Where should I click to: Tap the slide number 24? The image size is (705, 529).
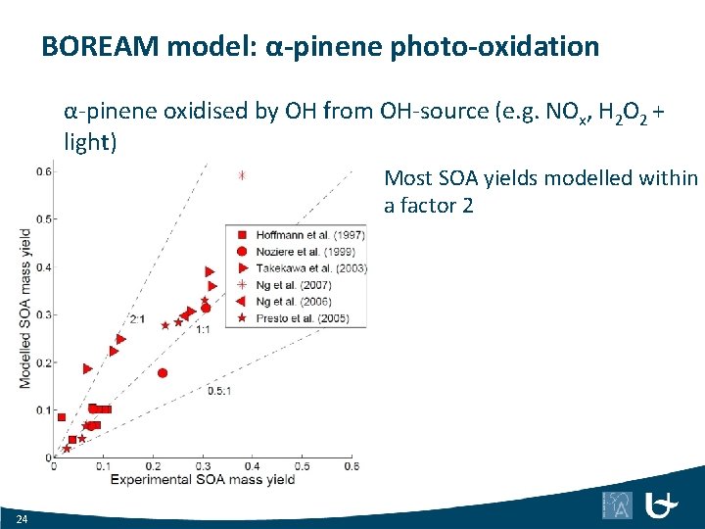22,517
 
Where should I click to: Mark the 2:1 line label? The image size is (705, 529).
137,319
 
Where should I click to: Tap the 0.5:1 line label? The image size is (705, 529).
218,390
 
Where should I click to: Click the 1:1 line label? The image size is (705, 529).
203,330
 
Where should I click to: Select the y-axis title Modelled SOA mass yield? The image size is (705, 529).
25,308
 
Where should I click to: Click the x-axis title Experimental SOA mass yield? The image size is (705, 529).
203,479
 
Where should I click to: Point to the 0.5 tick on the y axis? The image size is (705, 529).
44,218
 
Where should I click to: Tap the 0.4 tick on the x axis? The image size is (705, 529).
252,466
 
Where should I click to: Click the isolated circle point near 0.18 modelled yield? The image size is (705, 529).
163,372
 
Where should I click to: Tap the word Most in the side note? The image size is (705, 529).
404,177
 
